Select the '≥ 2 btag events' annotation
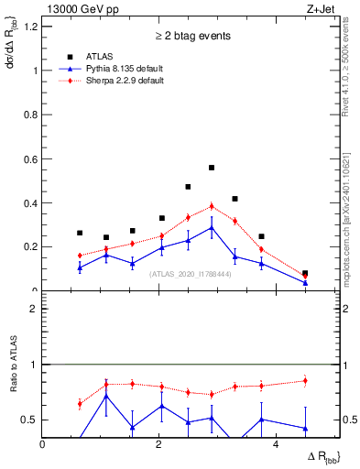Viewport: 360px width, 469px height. tap(191, 36)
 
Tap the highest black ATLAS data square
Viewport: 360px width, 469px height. tap(212, 168)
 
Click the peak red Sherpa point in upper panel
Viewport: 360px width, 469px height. tap(212, 206)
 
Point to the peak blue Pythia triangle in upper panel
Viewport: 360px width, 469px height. tap(212, 227)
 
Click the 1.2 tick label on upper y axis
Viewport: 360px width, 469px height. tap(32, 27)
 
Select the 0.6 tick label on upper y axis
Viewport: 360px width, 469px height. tap(32, 158)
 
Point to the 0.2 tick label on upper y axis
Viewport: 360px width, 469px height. tap(32, 246)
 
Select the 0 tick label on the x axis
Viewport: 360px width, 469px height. tap(43, 443)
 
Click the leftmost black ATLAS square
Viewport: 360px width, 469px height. tap(81, 233)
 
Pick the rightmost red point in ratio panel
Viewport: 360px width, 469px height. tap(305, 381)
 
